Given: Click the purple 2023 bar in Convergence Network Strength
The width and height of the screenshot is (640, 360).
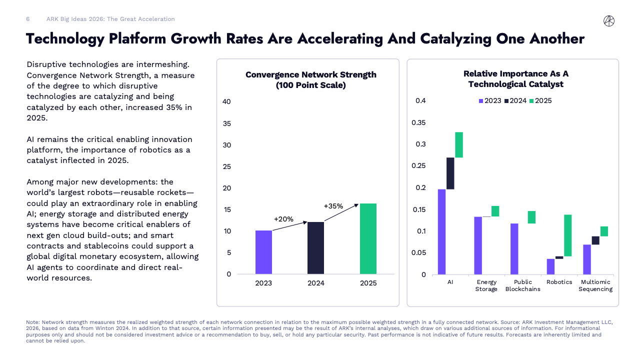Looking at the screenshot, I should tap(263, 252).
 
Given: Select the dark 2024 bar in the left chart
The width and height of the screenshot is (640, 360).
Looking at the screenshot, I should tap(315, 248).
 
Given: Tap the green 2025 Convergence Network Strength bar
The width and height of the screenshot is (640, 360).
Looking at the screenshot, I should tap(368, 238).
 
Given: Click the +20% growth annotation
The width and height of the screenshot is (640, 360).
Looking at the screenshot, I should tap(283, 219).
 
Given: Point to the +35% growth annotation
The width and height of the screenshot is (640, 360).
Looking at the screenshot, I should tap(333, 205).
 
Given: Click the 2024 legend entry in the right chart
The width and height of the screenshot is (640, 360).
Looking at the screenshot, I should tap(515, 101).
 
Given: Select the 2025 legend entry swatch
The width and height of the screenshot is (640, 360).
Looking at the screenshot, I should tap(532, 101).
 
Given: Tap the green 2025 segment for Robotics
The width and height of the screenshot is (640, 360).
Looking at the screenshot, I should tap(568, 235).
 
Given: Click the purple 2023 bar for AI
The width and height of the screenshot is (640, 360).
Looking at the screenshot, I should tap(441, 231).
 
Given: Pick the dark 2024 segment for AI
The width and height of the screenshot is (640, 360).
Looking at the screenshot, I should tap(450, 173).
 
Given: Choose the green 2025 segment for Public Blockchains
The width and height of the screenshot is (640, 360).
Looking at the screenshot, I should tap(531, 217).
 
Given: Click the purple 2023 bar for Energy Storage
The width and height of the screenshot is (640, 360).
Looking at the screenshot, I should tap(478, 245).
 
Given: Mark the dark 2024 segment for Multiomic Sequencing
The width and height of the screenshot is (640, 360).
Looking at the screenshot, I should tap(595, 240).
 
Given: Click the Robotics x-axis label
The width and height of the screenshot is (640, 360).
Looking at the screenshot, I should tap(559, 282).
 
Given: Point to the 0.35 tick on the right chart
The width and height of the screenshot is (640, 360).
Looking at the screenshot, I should tap(418, 123).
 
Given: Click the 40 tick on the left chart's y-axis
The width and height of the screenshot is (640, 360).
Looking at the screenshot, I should tap(226, 102).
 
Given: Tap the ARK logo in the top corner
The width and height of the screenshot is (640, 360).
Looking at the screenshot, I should tap(609, 20).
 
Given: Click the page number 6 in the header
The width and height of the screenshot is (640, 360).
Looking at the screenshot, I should tap(28, 19).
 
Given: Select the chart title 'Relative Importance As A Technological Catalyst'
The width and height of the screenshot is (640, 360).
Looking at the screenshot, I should tap(515, 79).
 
